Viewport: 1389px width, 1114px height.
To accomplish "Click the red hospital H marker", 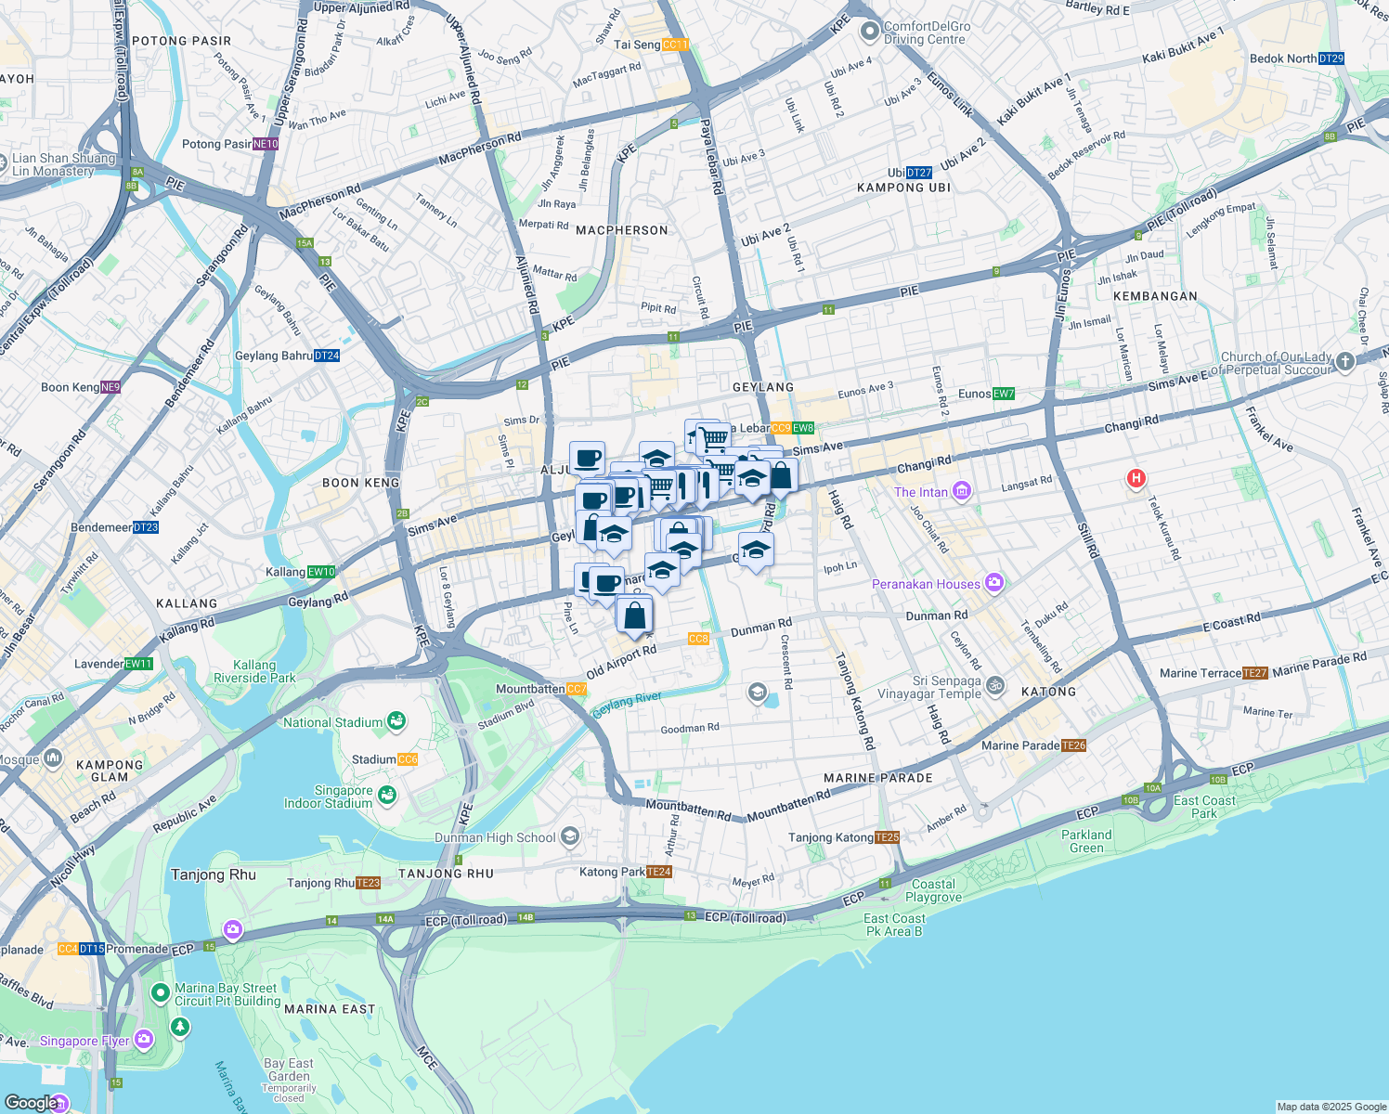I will pyautogui.click(x=1135, y=479).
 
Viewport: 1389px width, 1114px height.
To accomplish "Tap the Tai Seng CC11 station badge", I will pyautogui.click(x=675, y=45).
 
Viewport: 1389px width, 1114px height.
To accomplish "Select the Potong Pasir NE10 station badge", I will pyautogui.click(x=266, y=144).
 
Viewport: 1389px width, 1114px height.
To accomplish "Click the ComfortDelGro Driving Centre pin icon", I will pyautogui.click(x=869, y=32).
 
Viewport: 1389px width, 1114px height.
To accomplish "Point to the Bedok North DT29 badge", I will pyautogui.click(x=1331, y=58).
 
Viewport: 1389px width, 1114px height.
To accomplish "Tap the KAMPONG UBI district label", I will pyautogui.click(x=903, y=188).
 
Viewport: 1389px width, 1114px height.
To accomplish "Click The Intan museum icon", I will pyautogui.click(x=962, y=491).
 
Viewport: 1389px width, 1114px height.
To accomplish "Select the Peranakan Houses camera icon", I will pyautogui.click(x=994, y=583).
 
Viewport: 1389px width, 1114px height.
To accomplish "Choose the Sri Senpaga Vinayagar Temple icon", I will pyautogui.click(x=995, y=686).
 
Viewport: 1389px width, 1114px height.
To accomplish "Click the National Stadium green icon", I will pyautogui.click(x=397, y=721).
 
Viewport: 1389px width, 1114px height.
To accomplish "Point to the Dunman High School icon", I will pyautogui.click(x=570, y=836).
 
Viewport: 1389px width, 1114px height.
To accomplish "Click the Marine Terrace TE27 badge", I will pyautogui.click(x=1254, y=673).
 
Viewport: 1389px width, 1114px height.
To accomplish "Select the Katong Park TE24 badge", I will pyautogui.click(x=658, y=872).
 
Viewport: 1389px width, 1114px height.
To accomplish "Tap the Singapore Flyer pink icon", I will pyautogui.click(x=143, y=1039).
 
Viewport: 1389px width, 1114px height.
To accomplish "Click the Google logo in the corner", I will pyautogui.click(x=32, y=1102).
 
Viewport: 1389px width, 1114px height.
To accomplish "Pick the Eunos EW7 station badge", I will pyautogui.click(x=1003, y=394).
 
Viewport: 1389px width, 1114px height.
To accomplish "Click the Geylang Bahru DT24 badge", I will pyautogui.click(x=327, y=356).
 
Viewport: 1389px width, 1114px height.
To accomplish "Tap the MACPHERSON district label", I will pyautogui.click(x=621, y=230).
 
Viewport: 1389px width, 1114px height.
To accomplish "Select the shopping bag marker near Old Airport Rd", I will pyautogui.click(x=634, y=615).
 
